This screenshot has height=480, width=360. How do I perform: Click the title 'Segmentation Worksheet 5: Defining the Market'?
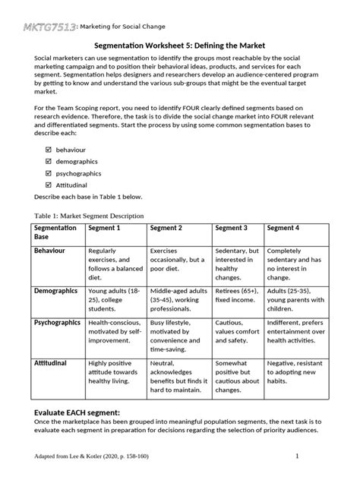[x=179, y=46]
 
